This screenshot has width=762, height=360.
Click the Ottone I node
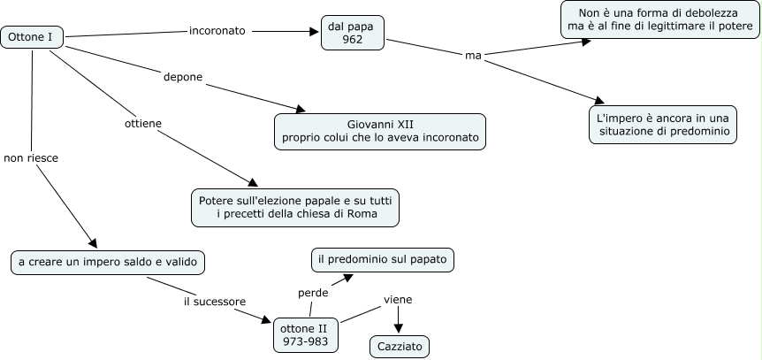tap(33, 36)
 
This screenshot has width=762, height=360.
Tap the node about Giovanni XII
tap(380, 131)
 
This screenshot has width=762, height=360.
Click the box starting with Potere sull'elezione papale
tap(295, 207)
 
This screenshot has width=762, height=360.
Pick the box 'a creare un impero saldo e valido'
tap(109, 262)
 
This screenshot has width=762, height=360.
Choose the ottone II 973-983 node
tap(305, 334)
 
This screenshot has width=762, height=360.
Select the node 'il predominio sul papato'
tap(383, 259)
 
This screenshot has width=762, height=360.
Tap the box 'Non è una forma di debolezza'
tap(659, 19)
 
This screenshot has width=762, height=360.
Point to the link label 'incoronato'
tap(217, 31)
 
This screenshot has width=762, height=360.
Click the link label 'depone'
tap(183, 77)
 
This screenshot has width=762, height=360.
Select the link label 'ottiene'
tap(141, 123)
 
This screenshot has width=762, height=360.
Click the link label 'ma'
tap(472, 56)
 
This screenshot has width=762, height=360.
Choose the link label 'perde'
tap(313, 292)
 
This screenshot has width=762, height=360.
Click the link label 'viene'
tap(398, 299)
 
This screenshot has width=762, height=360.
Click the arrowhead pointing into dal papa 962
tap(314, 32)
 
